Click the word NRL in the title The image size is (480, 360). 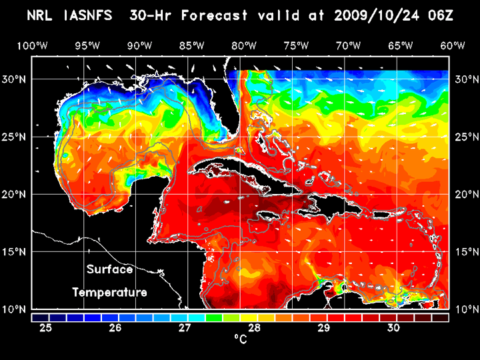[41, 15]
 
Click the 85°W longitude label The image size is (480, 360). [192, 45]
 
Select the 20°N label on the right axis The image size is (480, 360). [464, 194]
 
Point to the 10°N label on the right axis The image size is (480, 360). [464, 309]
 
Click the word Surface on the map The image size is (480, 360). [109, 270]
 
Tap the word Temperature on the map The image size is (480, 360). [109, 292]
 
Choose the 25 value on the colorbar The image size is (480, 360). [46, 328]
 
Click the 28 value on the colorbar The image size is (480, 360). [255, 328]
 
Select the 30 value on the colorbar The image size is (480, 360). [393, 328]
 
